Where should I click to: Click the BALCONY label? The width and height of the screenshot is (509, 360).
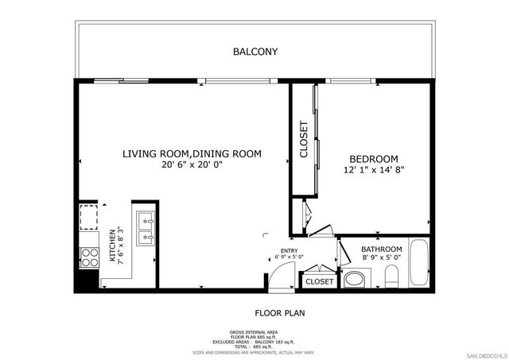254,52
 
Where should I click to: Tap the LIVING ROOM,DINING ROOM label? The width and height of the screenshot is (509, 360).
192,153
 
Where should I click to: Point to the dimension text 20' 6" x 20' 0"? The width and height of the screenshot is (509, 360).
192,165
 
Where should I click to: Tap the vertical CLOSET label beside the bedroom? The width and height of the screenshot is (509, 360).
303,139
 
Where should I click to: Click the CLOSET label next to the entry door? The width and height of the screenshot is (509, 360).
319,281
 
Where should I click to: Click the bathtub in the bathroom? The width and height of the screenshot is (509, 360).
418,265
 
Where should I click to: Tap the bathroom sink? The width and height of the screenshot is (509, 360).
354,279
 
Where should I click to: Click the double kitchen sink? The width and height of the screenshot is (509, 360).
145,227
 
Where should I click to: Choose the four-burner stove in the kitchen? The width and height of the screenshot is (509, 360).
88,256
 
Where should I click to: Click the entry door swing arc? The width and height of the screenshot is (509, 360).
280,274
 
